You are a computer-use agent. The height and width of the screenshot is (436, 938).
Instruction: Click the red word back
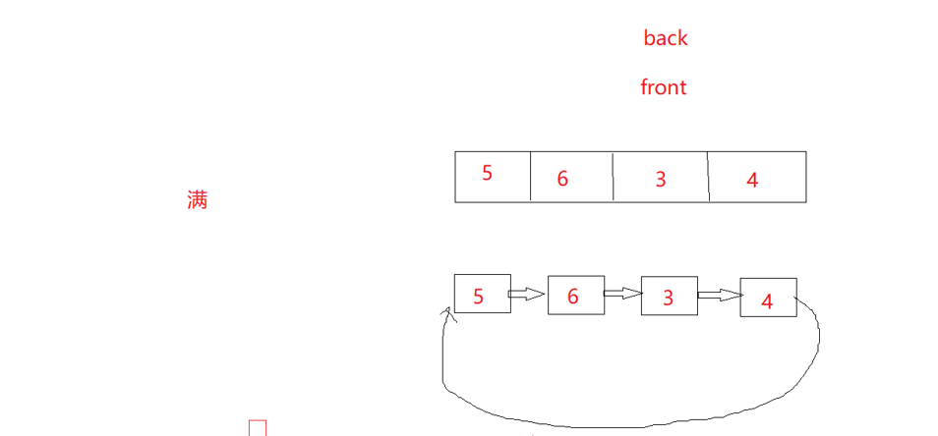[x=665, y=38]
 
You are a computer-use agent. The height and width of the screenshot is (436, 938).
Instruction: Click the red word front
[x=663, y=87]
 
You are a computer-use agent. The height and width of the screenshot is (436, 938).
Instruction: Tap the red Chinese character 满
[x=197, y=200]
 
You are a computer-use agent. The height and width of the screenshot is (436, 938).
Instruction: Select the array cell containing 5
[x=492, y=177]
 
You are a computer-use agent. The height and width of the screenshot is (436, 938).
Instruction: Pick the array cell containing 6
[x=571, y=177]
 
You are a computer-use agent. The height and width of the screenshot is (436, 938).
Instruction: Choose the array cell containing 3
[x=660, y=177]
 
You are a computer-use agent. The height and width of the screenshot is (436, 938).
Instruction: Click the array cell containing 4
[x=756, y=177]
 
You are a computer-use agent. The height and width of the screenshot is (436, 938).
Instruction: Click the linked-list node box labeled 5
[x=482, y=294]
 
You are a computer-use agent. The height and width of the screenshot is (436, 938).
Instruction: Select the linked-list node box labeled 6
[x=575, y=295]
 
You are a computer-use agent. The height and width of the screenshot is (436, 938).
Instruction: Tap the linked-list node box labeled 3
[x=669, y=296]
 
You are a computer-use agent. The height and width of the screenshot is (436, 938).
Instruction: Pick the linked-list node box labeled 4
[x=768, y=298]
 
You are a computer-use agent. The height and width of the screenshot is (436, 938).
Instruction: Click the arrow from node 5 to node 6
[x=528, y=294]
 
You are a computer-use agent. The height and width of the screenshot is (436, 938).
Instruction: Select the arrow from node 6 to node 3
[x=621, y=293]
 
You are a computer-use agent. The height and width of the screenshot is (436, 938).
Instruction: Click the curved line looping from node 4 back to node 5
[x=629, y=424]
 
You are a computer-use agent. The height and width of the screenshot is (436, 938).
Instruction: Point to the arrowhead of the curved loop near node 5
[x=448, y=313]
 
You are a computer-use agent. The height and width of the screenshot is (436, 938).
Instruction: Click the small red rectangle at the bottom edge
[x=258, y=428]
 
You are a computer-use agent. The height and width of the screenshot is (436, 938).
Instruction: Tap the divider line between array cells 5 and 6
[x=531, y=177]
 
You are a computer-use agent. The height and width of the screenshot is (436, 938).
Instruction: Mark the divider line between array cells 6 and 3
[x=614, y=177]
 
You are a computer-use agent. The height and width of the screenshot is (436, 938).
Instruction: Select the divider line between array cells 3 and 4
[x=709, y=177]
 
